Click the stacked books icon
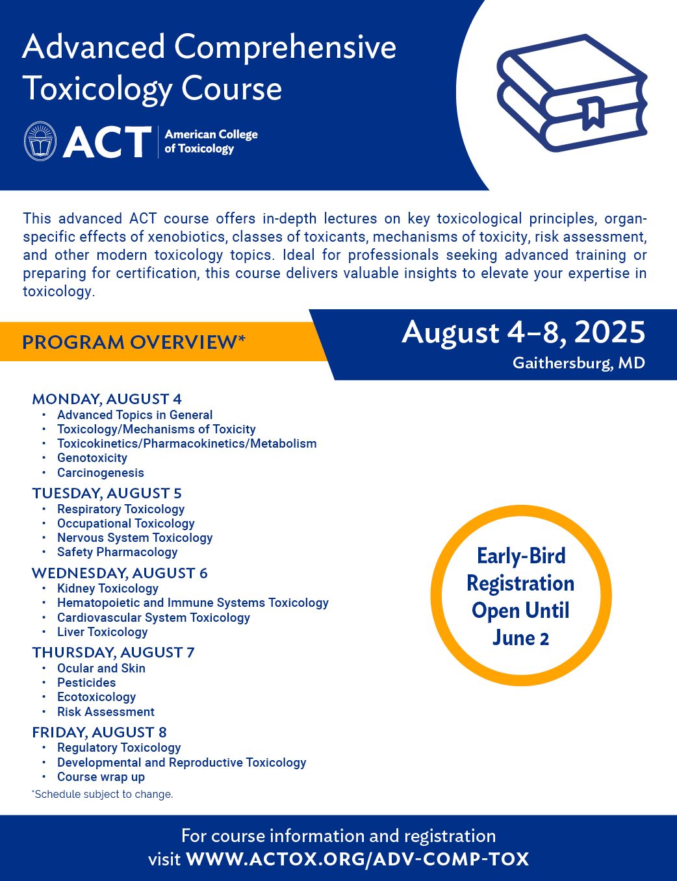click(x=572, y=93)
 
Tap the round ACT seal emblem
click(x=40, y=141)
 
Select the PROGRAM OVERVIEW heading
click(x=134, y=342)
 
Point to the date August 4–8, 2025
click(x=523, y=333)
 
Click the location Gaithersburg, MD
click(x=578, y=363)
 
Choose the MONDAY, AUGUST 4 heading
click(x=107, y=399)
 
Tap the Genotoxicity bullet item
click(x=92, y=458)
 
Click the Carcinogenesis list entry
click(x=101, y=473)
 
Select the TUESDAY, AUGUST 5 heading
click(x=107, y=493)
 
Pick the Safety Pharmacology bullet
click(x=117, y=552)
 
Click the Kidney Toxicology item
click(x=108, y=589)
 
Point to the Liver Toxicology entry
click(x=103, y=632)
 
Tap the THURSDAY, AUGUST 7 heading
click(x=113, y=652)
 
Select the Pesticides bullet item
click(x=86, y=683)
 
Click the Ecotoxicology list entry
click(x=96, y=697)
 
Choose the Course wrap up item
click(x=101, y=777)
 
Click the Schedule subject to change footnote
click(x=103, y=794)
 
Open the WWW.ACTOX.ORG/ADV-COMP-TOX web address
click(x=357, y=859)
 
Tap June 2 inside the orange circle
click(x=520, y=638)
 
